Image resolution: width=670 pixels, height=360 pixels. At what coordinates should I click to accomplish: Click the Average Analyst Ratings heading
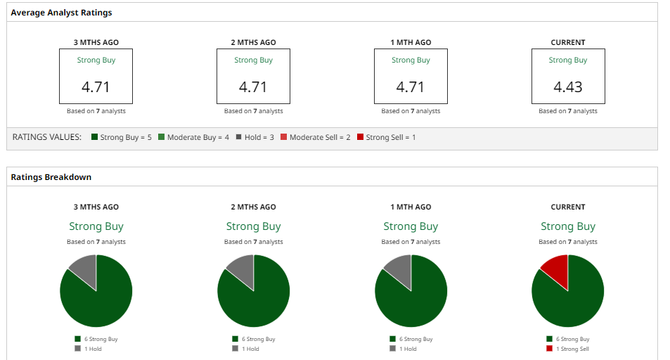click(61, 13)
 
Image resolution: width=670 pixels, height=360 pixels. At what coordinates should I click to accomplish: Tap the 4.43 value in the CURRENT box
click(568, 87)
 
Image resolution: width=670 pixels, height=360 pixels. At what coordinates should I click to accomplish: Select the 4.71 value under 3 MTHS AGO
click(96, 87)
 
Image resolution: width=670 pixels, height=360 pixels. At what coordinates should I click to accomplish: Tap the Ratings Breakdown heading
click(51, 177)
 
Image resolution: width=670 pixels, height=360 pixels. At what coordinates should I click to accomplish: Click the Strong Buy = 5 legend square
click(95, 137)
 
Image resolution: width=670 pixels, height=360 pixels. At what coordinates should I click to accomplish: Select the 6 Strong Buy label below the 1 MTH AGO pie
click(415, 339)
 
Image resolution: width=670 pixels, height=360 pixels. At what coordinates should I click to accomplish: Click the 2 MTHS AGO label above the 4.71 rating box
click(254, 43)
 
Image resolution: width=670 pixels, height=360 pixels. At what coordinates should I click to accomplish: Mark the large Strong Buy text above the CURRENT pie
click(568, 226)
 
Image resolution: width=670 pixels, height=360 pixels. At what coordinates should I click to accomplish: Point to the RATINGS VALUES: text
click(47, 137)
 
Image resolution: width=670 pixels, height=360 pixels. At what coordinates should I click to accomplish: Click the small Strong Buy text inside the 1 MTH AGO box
click(411, 60)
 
